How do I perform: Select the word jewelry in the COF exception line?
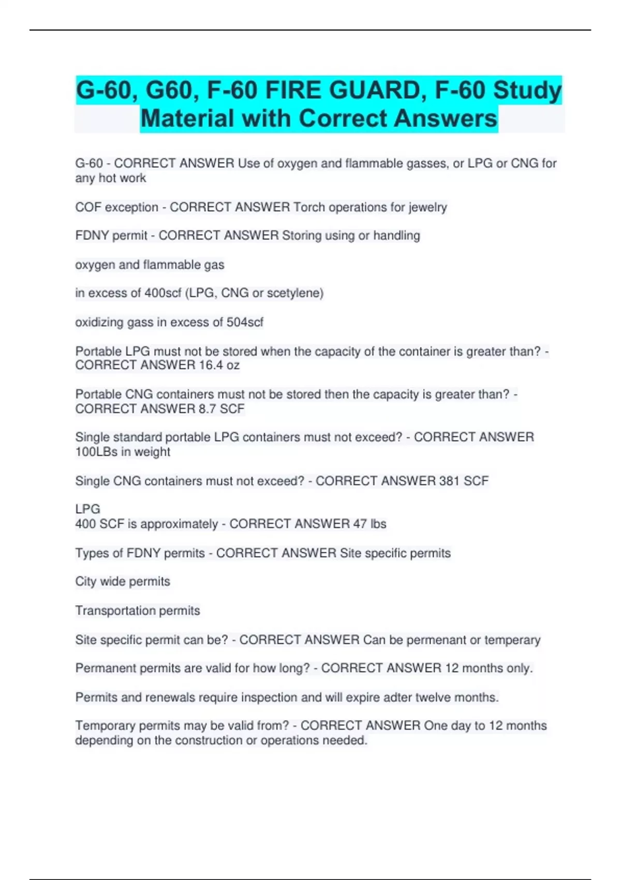coord(427,208)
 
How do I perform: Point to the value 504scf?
coord(245,322)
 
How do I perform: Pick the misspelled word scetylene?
coord(297,293)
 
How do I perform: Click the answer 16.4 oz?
coord(219,365)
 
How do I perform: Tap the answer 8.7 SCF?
coord(221,409)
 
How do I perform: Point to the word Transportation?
coord(115,611)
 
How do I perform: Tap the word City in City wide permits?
coord(86,581)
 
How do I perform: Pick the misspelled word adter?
coord(398,697)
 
